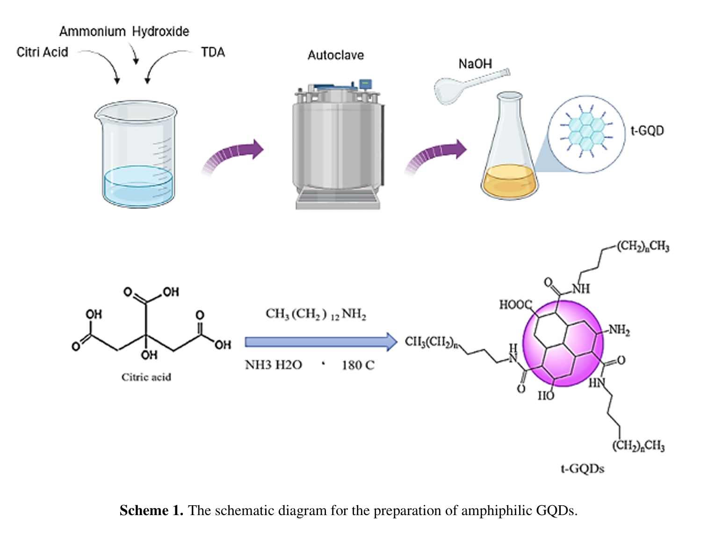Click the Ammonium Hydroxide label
124,32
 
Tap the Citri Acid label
42,52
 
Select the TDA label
213,52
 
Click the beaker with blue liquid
137,154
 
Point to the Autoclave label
335,55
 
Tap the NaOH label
475,64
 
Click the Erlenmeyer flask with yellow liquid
510,150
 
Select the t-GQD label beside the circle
647,130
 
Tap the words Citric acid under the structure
146,377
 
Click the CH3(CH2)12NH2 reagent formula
316,314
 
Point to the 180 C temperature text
358,365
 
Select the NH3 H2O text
274,365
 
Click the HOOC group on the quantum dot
515,305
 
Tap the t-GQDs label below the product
582,468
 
